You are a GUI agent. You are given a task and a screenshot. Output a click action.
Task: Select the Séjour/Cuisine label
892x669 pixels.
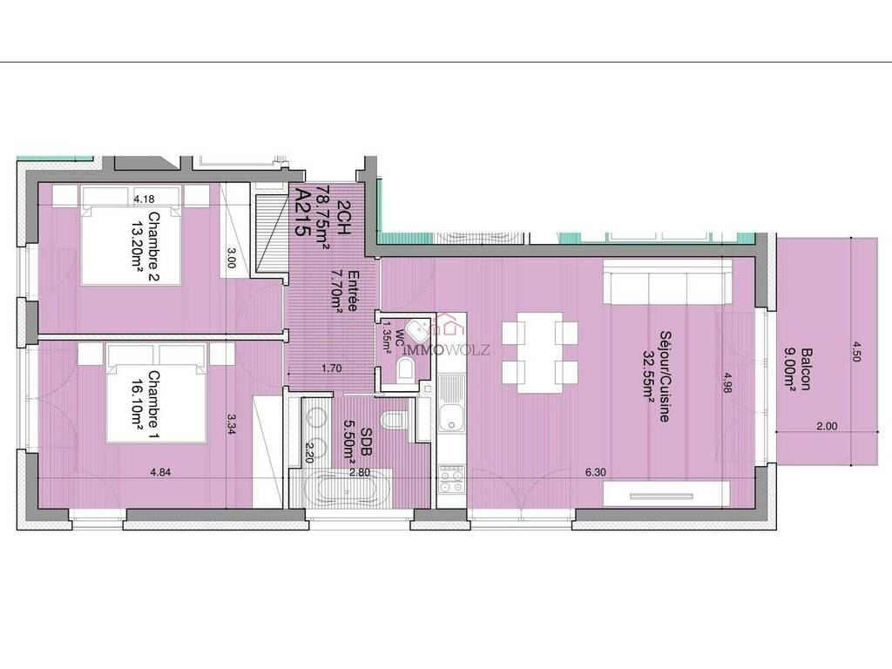tap(664, 376)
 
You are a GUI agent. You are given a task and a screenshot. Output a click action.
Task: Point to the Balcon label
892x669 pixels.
tap(806, 369)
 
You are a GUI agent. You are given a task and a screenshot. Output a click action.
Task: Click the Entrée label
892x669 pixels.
tap(353, 291)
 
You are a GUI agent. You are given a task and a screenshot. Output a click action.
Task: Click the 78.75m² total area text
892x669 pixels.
tap(322, 218)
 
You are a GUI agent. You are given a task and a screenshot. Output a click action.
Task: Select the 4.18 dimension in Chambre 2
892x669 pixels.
tap(144, 199)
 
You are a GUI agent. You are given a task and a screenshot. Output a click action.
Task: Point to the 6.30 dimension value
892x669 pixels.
tap(595, 471)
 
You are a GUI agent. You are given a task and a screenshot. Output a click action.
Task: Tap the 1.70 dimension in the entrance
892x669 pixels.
tap(332, 368)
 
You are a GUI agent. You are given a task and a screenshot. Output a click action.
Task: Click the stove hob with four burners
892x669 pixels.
tap(452, 479)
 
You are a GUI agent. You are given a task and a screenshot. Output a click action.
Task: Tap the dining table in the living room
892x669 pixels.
tap(540, 353)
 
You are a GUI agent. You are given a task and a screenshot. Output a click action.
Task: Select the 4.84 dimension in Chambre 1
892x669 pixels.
tap(160, 471)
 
